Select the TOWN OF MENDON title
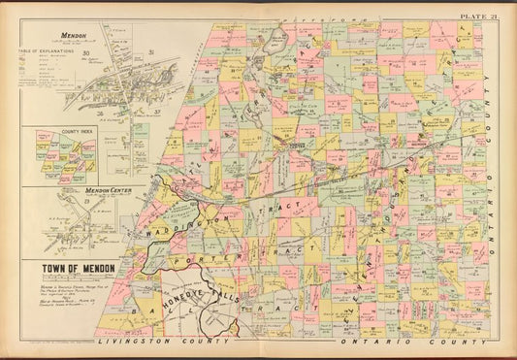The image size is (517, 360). pos(78,267)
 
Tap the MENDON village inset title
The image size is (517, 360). pos(73,34)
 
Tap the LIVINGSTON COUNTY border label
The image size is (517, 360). pos(165,342)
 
